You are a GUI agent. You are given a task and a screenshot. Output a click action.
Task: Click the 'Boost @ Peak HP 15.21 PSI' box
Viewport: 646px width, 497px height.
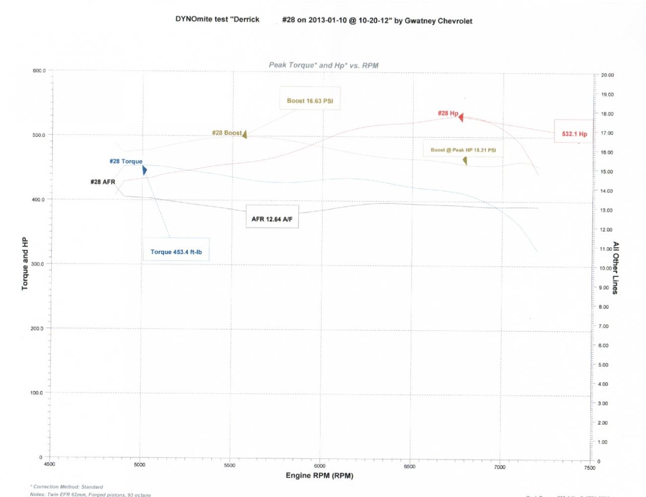(463, 149)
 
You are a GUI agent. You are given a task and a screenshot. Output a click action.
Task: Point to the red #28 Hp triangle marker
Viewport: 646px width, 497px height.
(461, 117)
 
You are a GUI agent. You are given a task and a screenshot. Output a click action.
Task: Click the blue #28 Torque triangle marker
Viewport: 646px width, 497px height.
(144, 170)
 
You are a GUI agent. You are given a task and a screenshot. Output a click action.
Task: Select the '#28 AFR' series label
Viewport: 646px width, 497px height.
(103, 182)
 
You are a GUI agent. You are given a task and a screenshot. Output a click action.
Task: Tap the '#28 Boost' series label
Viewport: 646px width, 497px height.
(227, 133)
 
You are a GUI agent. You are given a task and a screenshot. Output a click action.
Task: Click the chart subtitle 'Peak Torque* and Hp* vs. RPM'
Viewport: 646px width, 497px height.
(323, 65)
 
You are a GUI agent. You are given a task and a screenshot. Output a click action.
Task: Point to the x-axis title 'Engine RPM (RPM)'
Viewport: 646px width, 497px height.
(319, 476)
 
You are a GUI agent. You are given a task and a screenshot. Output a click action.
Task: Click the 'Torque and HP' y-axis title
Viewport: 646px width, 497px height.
(25, 264)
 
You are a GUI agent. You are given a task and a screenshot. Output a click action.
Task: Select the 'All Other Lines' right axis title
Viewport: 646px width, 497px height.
(615, 268)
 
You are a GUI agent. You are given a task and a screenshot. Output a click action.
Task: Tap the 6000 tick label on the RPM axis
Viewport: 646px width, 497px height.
(320, 466)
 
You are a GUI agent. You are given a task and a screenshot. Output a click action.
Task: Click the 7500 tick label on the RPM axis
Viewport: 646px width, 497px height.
(589, 468)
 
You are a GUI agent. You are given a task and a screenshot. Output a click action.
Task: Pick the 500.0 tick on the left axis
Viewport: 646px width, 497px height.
(38, 135)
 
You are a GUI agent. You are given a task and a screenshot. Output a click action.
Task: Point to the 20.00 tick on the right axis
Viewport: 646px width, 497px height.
(607, 75)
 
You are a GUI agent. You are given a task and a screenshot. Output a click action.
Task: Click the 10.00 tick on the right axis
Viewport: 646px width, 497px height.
(605, 268)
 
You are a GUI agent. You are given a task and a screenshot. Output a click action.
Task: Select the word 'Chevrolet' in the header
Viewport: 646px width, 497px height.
(455, 21)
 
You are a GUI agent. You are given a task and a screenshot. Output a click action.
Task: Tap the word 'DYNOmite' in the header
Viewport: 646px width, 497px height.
(194, 19)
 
